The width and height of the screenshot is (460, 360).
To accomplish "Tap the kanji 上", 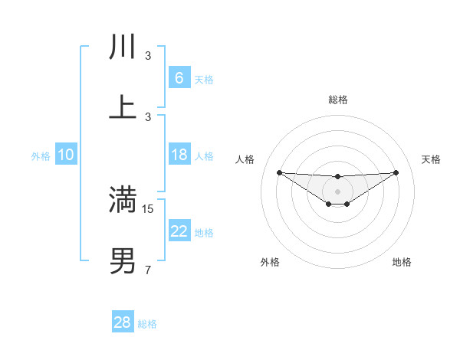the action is click(x=123, y=108).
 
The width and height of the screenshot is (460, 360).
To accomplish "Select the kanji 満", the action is click(x=123, y=200).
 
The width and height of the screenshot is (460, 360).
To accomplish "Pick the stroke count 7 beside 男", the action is click(x=148, y=270).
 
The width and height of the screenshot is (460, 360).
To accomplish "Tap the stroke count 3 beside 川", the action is click(x=148, y=56).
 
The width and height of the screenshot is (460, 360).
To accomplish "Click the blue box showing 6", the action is click(x=179, y=77).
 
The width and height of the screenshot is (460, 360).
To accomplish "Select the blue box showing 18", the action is click(x=179, y=155).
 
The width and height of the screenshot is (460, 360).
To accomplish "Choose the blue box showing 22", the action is click(x=179, y=231).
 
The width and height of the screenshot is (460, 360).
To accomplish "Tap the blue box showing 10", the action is click(x=66, y=155).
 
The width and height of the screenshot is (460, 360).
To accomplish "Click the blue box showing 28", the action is click(x=122, y=322).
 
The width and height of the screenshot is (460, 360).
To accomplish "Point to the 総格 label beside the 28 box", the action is click(x=147, y=324).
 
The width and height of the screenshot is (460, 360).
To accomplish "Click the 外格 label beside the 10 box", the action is click(x=41, y=156).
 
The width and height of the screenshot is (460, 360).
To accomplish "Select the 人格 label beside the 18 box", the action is click(x=204, y=156).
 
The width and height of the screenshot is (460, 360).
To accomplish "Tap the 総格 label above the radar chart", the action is click(x=337, y=100).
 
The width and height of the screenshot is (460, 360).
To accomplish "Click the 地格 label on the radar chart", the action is click(x=402, y=262).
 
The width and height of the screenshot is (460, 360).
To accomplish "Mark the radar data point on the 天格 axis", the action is click(x=396, y=172).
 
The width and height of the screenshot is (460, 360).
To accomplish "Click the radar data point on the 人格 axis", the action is click(x=279, y=172).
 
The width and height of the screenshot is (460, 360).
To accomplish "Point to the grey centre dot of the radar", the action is click(x=337, y=191).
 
